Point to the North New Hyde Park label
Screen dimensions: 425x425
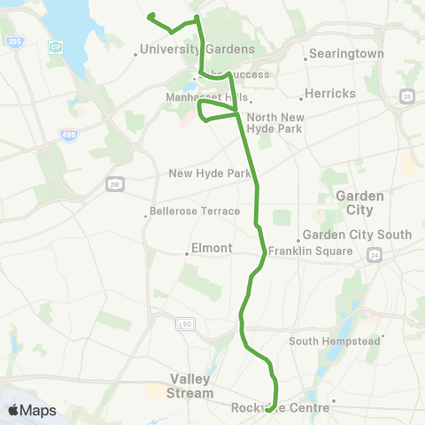[274, 123]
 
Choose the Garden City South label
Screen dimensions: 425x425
[357, 235]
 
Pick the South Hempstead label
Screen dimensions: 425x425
[335, 341]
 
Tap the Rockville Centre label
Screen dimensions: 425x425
[280, 407]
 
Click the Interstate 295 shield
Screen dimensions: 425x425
[14, 42]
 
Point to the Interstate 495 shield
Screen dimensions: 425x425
[69, 135]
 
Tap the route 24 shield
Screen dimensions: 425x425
[375, 255]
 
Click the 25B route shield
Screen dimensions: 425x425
[115, 183]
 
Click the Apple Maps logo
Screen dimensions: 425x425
[31, 410]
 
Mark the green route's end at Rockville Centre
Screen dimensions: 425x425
[269, 409]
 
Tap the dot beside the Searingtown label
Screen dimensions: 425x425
[306, 58]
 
